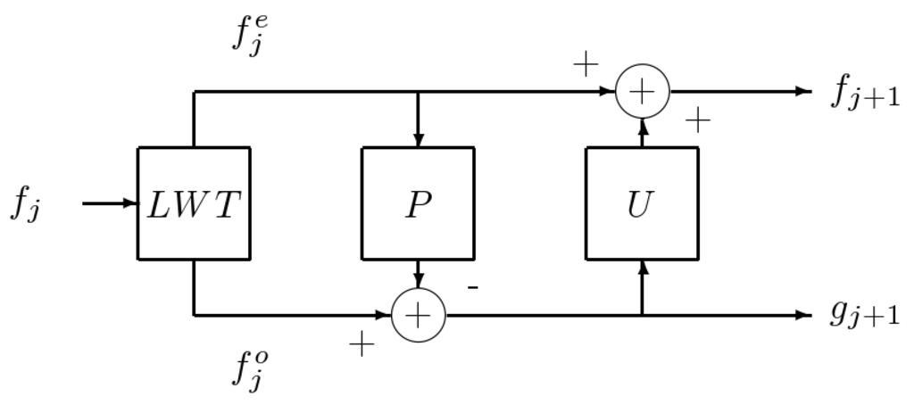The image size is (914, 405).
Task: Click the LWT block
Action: coord(194,203)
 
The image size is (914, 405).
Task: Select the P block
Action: coord(418,203)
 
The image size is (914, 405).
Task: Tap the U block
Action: coord(642,203)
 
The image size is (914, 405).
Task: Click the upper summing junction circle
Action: coord(642,91)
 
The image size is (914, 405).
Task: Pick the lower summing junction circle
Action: coord(418,315)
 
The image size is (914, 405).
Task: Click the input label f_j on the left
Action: coord(25,205)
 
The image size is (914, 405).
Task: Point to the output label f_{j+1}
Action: coord(865,92)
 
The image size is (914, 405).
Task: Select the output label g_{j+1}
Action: coord(864,314)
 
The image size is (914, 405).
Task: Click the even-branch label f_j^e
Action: coord(250,35)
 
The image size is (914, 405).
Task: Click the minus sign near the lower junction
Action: coord(473,287)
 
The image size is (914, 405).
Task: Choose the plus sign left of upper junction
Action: coord(585,64)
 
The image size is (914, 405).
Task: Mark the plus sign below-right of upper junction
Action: coord(697,120)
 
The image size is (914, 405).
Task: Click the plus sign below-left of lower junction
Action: coord(361,344)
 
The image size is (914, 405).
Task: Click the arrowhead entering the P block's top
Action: coord(418,140)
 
